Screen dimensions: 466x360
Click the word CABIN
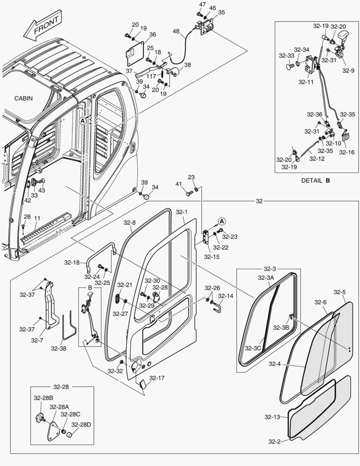23,98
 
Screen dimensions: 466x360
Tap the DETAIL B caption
315,181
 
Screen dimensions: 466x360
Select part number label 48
176,31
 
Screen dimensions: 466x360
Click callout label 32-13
272,417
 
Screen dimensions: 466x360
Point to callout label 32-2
275,441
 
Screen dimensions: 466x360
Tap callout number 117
151,77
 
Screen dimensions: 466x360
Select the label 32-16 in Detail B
346,152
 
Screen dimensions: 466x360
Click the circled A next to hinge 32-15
222,221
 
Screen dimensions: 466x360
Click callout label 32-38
59,347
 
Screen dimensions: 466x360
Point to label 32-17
157,378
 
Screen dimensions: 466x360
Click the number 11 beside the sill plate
38,218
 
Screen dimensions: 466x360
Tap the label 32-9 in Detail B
348,70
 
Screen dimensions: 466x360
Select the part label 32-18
72,262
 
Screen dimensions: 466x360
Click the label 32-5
340,292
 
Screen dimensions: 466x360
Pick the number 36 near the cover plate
153,35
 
